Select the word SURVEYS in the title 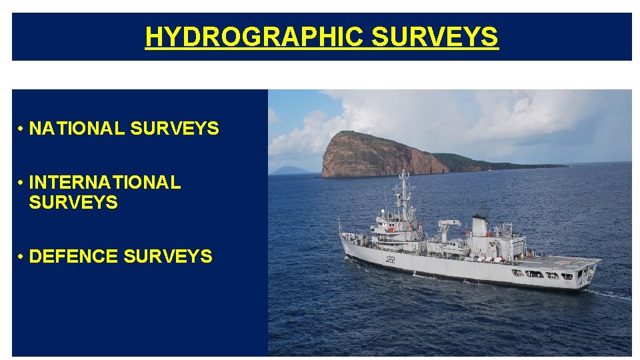click(x=434, y=37)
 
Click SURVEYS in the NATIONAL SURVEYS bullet click(x=175, y=129)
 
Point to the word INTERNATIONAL click(x=105, y=182)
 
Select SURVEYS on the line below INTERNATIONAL click(x=73, y=203)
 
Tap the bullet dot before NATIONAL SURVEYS click(x=22, y=129)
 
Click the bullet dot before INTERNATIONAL click(x=22, y=182)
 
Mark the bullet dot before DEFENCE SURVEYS click(x=22, y=256)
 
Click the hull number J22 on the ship click(x=389, y=259)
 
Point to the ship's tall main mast click(x=403, y=193)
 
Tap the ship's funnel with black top click(x=479, y=225)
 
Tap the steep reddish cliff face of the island click(x=353, y=157)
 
